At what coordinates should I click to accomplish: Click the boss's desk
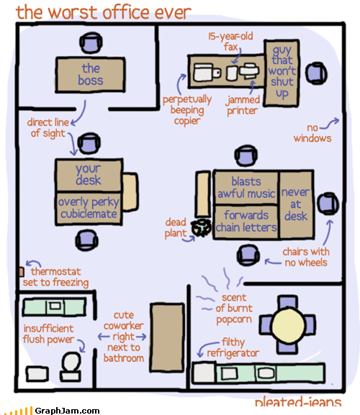90,75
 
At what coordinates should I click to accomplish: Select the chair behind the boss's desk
91,43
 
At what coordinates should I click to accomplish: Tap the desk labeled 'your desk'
89,175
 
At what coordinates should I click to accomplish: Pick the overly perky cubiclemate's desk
89,209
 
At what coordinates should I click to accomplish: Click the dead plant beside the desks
202,227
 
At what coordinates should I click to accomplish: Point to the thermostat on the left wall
22,272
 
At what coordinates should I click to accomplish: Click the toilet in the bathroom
71,367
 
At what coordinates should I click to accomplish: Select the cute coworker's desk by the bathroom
167,337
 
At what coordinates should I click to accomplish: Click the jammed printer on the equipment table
249,70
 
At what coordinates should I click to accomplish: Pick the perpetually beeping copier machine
207,72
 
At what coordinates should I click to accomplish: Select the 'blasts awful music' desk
246,188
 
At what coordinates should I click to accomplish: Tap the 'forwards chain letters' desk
246,222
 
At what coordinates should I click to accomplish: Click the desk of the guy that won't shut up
282,73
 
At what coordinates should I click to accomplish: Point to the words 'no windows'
312,133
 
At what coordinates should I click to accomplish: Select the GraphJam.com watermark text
67,411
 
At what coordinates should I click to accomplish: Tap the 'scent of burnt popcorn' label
234,309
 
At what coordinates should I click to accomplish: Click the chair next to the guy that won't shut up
316,73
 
